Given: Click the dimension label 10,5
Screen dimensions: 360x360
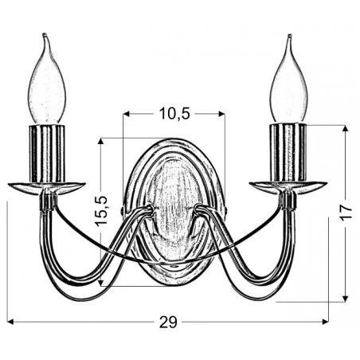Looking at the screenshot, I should tap(174, 114).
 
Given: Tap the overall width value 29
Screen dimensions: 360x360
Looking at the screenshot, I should tap(168, 322).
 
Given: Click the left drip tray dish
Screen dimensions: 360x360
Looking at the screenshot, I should tap(46, 187).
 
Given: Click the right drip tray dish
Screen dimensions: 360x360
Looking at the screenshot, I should tap(288, 187).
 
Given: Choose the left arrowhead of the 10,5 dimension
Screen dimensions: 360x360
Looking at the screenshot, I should tap(126, 114).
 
